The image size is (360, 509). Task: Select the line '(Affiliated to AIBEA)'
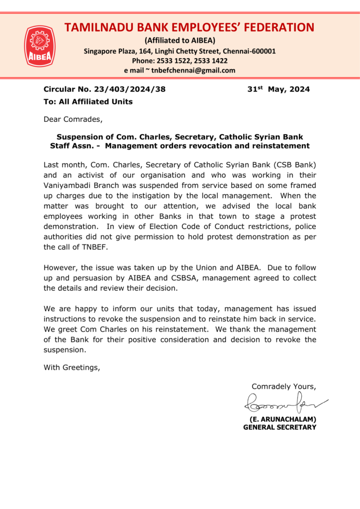tap(180, 40)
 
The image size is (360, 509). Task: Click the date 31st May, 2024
tap(278, 89)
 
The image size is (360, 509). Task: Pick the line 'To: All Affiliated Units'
tap(88, 102)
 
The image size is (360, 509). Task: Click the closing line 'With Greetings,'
tap(72, 367)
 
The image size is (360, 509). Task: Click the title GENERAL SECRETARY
tap(279, 427)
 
